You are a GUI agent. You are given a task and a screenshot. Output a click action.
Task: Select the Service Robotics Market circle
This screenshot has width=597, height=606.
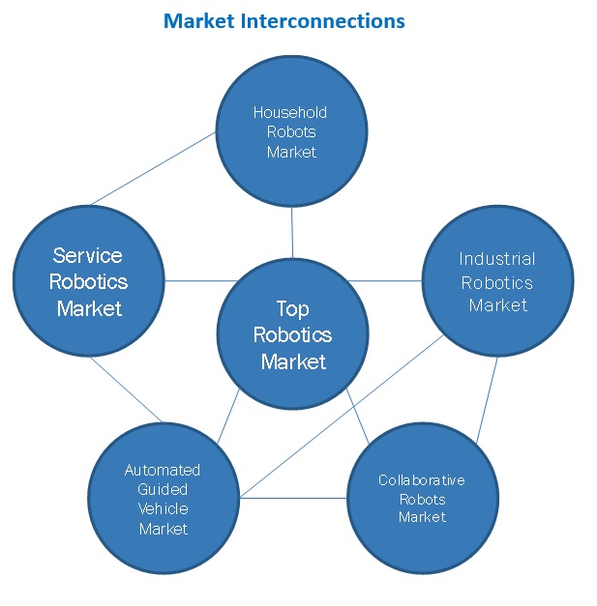88,281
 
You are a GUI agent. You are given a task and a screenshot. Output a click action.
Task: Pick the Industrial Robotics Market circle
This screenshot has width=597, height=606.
497,281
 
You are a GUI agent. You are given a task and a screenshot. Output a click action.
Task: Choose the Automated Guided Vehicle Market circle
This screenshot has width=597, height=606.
164,499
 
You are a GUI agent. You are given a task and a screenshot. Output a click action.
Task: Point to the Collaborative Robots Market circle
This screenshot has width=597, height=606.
422,499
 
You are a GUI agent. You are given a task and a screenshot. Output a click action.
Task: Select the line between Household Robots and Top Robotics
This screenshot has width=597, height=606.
292,233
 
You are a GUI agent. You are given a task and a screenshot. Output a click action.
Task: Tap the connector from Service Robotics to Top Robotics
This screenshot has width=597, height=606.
191,281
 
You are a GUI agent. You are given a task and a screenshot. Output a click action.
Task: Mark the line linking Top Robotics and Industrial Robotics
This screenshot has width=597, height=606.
385,281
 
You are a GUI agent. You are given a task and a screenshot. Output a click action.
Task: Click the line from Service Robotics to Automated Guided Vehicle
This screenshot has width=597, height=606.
126,390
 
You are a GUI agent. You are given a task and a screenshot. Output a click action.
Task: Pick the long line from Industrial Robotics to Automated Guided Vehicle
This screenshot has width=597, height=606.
339,416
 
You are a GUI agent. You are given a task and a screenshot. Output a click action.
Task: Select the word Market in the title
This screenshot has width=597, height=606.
194,20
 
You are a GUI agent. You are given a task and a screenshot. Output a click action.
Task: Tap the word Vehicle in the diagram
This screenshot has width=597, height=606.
164,508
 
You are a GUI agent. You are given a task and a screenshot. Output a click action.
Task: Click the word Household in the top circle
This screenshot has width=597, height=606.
290,112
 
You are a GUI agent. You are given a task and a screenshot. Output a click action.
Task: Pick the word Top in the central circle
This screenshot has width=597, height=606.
292,309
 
